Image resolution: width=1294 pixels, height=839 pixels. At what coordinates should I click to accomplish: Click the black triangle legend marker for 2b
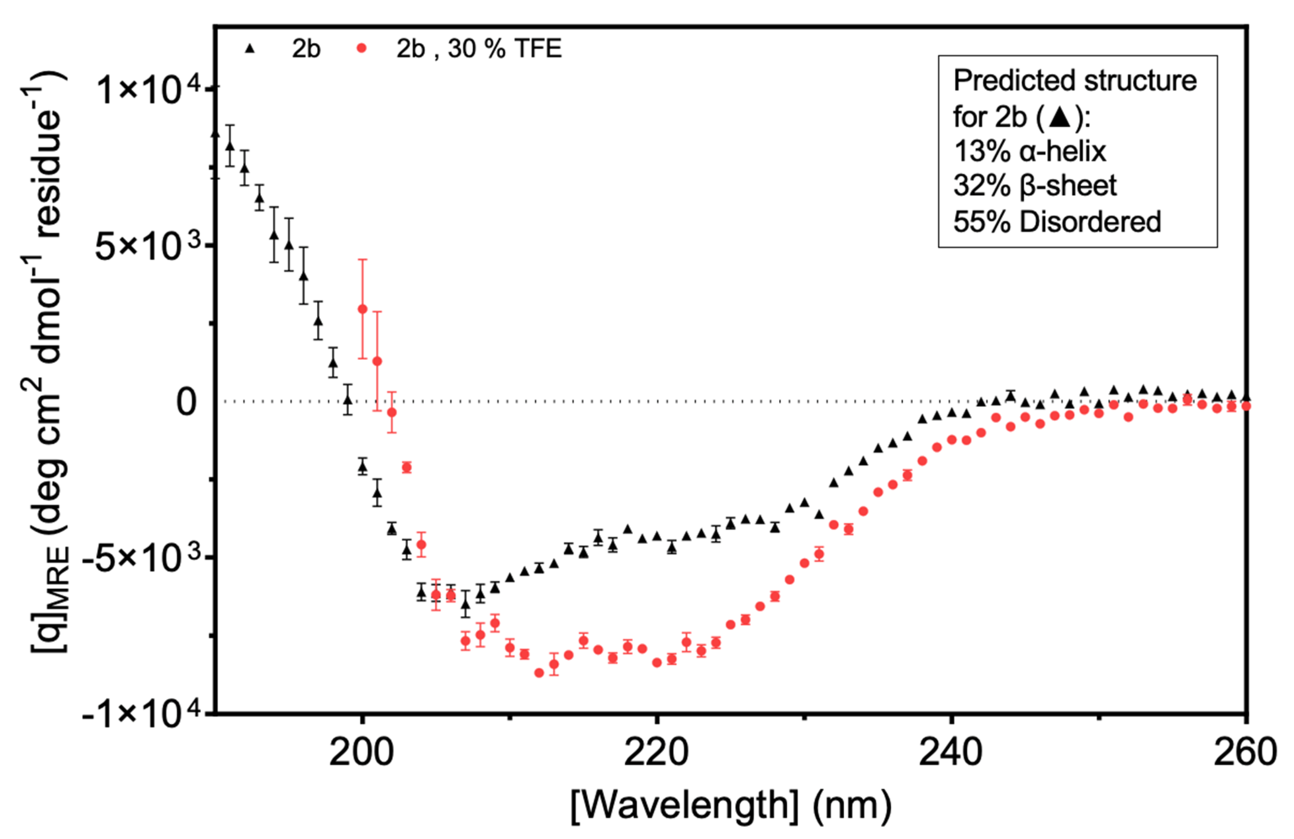pos(250,49)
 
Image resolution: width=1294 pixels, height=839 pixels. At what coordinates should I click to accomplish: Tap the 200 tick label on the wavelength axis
pos(362,753)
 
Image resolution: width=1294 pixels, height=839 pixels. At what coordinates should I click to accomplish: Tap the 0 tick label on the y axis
pos(186,403)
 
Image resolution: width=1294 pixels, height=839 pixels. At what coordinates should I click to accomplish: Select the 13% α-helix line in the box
pos(1029,151)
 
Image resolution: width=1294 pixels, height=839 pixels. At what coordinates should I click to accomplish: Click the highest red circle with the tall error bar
pos(362,309)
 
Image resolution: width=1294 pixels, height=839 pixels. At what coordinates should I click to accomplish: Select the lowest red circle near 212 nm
pos(539,673)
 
